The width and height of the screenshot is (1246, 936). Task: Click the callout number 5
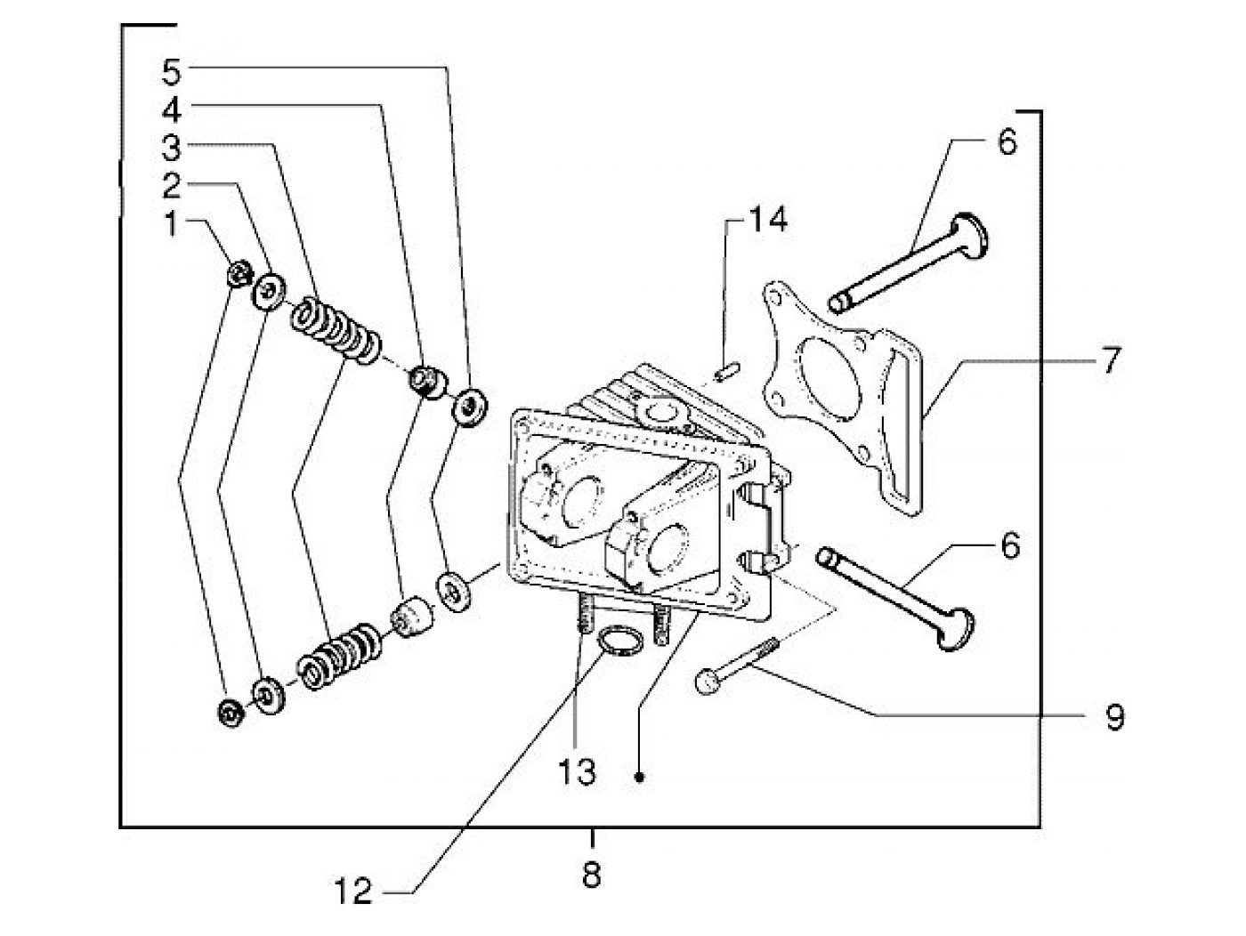coord(172,73)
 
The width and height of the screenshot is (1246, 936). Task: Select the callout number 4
coord(172,109)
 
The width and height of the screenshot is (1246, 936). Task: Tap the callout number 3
coord(172,147)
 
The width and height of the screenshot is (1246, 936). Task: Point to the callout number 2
coord(172,185)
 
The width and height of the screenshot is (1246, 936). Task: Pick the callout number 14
coord(767,219)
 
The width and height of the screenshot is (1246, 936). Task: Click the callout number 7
coord(1111,359)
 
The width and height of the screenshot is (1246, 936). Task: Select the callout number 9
coord(1113,717)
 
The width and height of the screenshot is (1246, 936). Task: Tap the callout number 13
coord(577,771)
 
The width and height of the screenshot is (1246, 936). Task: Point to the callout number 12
coord(353,892)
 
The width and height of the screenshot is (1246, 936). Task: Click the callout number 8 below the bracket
coord(591,875)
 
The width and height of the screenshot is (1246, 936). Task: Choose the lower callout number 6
coord(1010,545)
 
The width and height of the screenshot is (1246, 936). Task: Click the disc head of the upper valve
coord(970,237)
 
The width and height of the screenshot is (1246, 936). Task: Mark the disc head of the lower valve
coord(956,629)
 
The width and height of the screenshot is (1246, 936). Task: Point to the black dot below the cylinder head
coord(640,777)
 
